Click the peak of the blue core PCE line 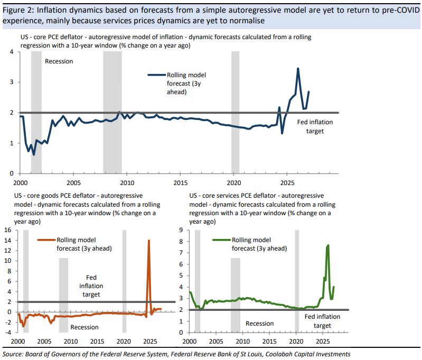(298, 68)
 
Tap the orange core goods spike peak (148, 241)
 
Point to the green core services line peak (329, 245)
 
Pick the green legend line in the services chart (221, 240)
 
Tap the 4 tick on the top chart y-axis (12, 52)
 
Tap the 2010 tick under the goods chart (71, 341)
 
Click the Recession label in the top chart (59, 61)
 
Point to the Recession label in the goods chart (85, 327)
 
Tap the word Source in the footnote (15, 354)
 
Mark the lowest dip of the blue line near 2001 (34, 154)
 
